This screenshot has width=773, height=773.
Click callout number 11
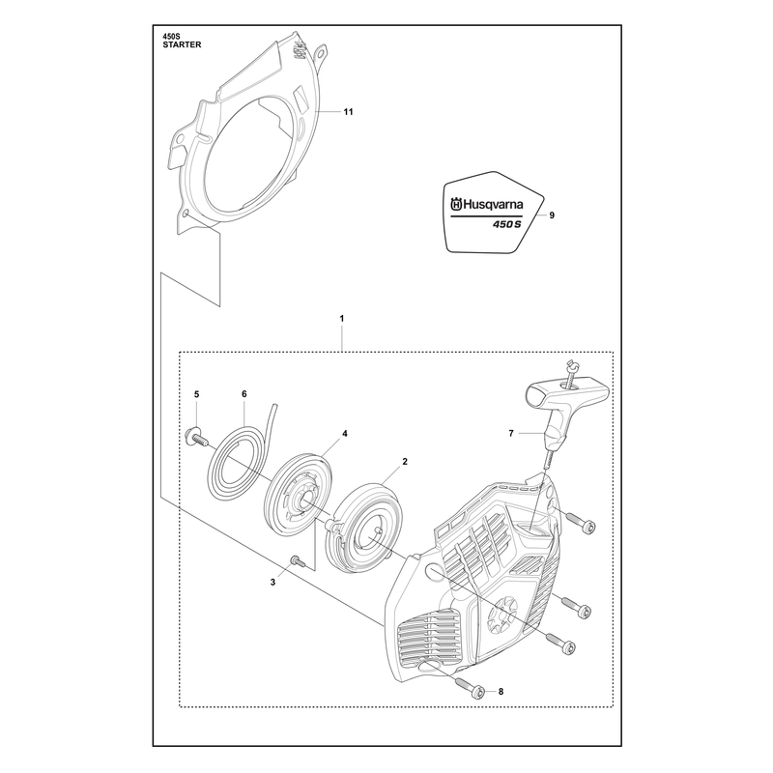tap(348, 112)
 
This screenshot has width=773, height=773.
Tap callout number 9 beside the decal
tap(552, 215)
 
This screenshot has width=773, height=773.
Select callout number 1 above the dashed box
tap(342, 319)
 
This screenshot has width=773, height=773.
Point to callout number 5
tap(197, 394)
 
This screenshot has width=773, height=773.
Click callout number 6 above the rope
tap(244, 394)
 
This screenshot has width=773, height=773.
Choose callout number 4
tap(345, 434)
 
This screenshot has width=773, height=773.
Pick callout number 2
tap(405, 462)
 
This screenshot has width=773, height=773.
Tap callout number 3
tap(272, 583)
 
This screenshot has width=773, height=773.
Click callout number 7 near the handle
tap(511, 433)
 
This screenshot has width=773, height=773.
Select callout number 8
tap(501, 692)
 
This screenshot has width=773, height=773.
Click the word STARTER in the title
tap(182, 44)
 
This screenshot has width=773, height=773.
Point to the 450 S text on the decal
tap(506, 224)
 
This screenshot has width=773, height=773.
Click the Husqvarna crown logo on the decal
tap(456, 204)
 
